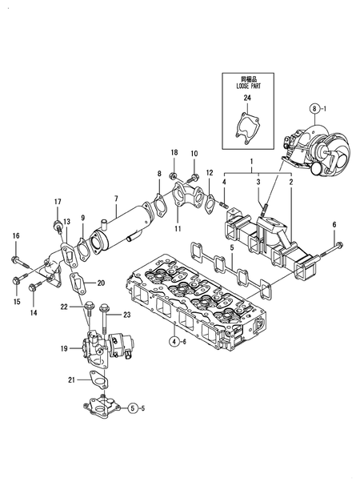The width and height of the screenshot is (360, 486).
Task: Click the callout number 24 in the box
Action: [x=247, y=98]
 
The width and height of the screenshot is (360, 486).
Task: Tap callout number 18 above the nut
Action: [x=174, y=152]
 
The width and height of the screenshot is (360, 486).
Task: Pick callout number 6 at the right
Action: [x=334, y=224]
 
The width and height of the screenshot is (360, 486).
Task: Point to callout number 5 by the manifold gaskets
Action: [x=232, y=247]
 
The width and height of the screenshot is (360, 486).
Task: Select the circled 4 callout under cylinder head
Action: [x=174, y=340]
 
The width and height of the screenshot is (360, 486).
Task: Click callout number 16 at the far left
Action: [x=14, y=235]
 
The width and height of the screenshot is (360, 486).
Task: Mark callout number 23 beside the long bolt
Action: [x=127, y=315]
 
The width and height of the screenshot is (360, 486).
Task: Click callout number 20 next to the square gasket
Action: [x=101, y=283]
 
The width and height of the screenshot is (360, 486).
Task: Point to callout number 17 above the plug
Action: [x=57, y=201]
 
